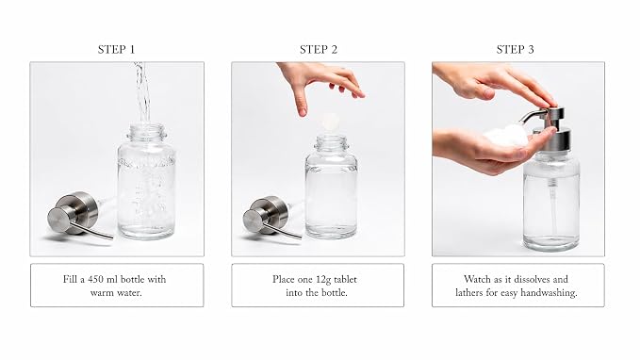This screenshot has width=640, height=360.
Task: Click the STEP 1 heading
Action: (116, 49)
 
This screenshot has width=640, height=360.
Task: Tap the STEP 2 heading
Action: (319, 49)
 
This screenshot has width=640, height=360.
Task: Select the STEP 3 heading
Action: (515, 49)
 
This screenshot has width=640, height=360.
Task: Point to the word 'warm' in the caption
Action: (102, 293)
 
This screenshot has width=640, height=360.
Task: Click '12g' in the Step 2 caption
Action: (323, 280)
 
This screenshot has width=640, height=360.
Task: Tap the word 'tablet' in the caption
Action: (345, 279)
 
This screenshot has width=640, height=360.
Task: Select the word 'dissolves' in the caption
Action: (532, 279)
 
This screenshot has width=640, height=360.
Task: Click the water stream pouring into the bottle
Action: (141, 92)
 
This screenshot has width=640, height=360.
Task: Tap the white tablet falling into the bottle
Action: (330, 122)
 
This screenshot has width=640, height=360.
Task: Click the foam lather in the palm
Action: (505, 136)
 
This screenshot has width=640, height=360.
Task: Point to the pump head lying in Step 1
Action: (77, 216)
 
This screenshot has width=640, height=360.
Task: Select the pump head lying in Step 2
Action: (271, 217)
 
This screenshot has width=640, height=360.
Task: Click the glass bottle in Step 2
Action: (331, 187)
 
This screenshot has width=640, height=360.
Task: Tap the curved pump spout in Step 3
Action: (533, 116)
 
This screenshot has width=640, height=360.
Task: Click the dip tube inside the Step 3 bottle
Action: (553, 207)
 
